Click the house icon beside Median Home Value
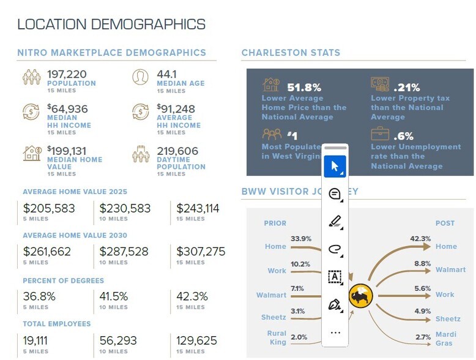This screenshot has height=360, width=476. click(32, 153)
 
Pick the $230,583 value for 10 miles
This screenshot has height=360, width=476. click(125, 209)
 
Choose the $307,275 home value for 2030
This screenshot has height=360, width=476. click(201, 252)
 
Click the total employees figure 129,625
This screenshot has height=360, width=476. click(196, 340)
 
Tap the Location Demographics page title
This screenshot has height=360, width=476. click(111, 24)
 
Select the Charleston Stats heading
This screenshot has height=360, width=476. click(291, 53)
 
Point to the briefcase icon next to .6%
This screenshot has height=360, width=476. click(379, 134)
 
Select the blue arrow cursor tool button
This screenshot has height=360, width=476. click(335, 166)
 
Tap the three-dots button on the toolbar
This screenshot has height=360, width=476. click(335, 332)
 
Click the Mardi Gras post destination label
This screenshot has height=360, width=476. click(446, 339)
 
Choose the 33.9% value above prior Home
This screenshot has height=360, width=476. click(301, 238)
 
